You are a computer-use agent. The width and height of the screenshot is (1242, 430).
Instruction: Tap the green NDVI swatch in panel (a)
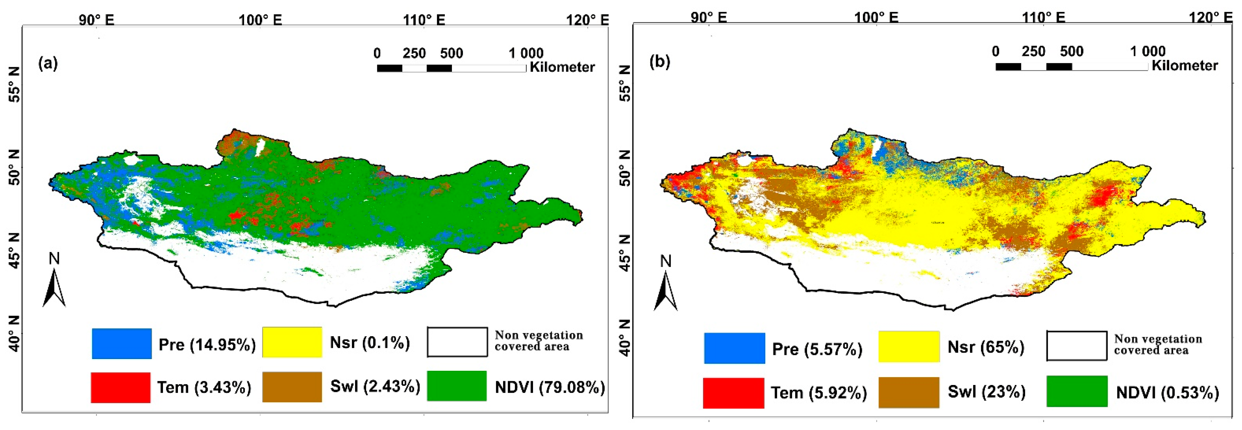click(457, 386)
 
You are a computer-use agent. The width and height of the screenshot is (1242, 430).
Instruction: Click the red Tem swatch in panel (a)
click(121, 387)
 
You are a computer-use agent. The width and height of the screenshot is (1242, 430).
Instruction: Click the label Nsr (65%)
click(986, 347)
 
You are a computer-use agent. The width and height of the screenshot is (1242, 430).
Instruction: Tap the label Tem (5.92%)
click(818, 393)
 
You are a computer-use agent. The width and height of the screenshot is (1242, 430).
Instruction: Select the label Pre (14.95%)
click(207, 345)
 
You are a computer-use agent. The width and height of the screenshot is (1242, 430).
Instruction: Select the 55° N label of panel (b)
click(625, 83)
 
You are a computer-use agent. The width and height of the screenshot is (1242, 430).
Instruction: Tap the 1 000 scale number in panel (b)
click(1147, 51)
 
